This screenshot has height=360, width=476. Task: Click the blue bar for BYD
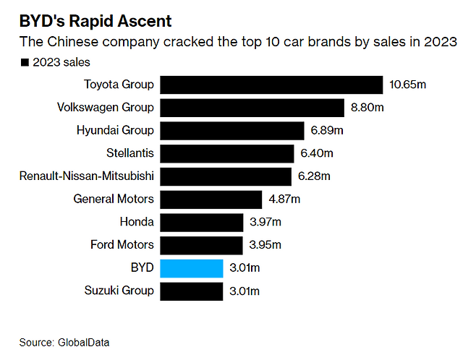(191, 268)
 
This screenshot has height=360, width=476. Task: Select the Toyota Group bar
(271, 85)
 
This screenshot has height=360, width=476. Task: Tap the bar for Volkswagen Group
(252, 108)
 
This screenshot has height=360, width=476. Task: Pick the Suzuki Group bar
(191, 291)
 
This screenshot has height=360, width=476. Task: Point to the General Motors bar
(211, 199)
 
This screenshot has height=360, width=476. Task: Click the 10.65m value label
(408, 85)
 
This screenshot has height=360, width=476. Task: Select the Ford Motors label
(122, 245)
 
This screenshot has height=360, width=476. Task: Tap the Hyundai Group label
(115, 131)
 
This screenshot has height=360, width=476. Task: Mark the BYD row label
(142, 268)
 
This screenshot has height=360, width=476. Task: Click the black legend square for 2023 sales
(26, 63)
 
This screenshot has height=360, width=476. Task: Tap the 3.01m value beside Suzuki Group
(245, 291)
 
